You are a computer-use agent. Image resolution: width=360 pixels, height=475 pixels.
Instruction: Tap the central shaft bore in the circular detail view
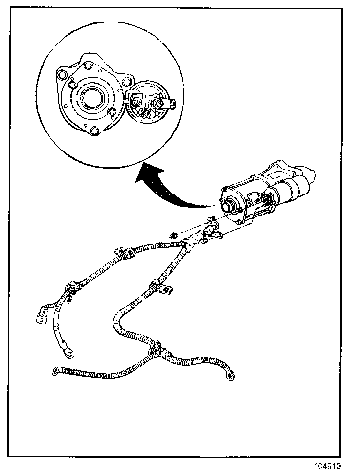90,100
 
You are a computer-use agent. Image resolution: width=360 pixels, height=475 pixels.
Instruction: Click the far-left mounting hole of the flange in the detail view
61,75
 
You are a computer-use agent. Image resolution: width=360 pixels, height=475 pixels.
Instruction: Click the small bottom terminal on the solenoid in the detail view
146,114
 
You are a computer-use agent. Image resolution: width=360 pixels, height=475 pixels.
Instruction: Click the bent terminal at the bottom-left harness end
55,372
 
